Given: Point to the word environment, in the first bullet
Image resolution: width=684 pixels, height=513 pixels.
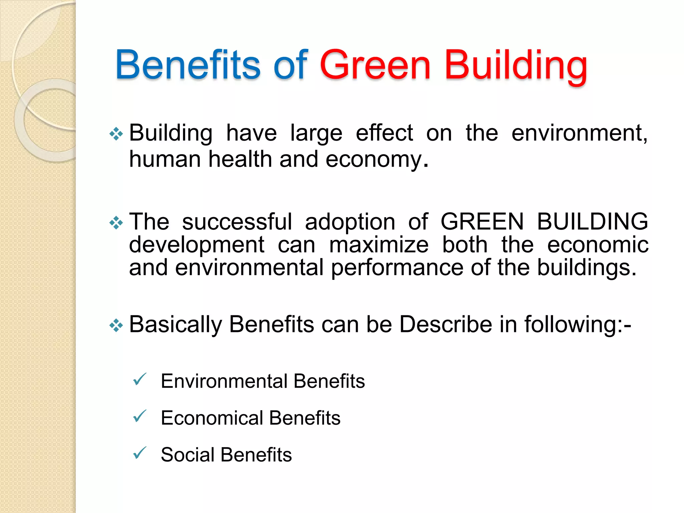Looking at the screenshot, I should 579,133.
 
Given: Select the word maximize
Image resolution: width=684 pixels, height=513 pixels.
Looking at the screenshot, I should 379,245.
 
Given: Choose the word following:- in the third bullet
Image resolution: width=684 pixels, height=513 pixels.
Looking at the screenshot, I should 577,325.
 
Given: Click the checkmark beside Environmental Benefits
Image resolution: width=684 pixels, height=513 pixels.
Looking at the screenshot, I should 140,379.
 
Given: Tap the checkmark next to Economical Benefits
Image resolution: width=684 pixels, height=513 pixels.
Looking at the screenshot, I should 140,416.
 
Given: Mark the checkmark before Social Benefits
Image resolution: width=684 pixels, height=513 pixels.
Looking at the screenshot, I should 140,453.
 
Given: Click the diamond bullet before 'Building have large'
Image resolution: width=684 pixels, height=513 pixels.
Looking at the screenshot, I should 116,134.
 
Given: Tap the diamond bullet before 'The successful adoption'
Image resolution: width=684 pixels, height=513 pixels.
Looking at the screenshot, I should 116,223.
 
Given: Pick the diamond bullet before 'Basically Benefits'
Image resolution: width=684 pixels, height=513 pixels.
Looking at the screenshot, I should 116,325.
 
